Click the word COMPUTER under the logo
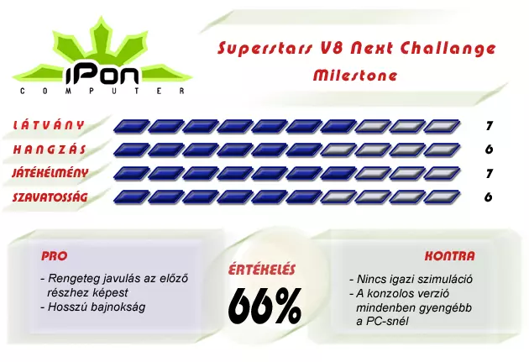pyautogui.click(x=102, y=91)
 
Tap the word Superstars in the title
pyautogui.click(x=264, y=48)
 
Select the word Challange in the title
pyautogui.click(x=448, y=48)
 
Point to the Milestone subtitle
pyautogui.click(x=355, y=75)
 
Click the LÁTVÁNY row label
pyautogui.click(x=48, y=125)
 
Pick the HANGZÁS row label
pyautogui.click(x=50, y=150)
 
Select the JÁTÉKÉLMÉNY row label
pyautogui.click(x=50, y=173)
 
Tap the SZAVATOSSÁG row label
pyautogui.click(x=50, y=197)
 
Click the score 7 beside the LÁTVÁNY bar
pyautogui.click(x=490, y=126)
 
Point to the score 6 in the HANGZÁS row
pyautogui.click(x=489, y=150)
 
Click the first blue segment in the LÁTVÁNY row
pyautogui.click(x=131, y=126)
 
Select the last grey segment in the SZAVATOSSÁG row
pyautogui.click(x=442, y=197)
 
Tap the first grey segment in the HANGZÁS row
pyautogui.click(x=338, y=150)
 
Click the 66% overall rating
pyautogui.click(x=264, y=307)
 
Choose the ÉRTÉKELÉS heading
pyautogui.click(x=262, y=270)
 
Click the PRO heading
pyautogui.click(x=55, y=256)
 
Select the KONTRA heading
pyautogui.click(x=449, y=256)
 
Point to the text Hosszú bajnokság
pyautogui.click(x=93, y=307)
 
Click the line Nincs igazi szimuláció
pyautogui.click(x=411, y=279)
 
